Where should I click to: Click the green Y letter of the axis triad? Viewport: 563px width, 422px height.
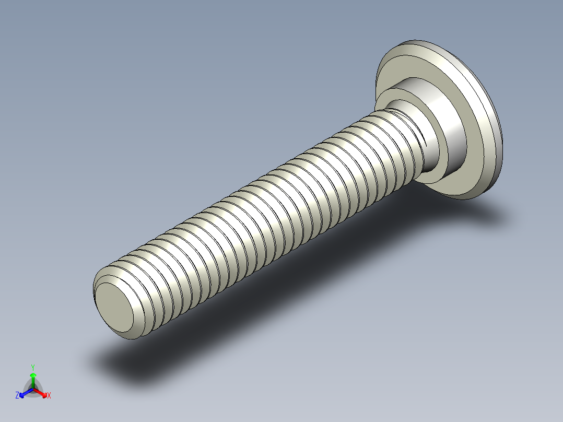(x=33, y=367)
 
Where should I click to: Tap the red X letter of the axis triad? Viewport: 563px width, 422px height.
(x=49, y=396)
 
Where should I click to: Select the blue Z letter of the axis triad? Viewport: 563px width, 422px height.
(x=17, y=396)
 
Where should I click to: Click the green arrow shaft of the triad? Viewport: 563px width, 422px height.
(x=33, y=381)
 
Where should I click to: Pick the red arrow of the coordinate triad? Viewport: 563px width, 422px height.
(x=41, y=392)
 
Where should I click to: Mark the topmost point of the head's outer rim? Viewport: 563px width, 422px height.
(x=413, y=40)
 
